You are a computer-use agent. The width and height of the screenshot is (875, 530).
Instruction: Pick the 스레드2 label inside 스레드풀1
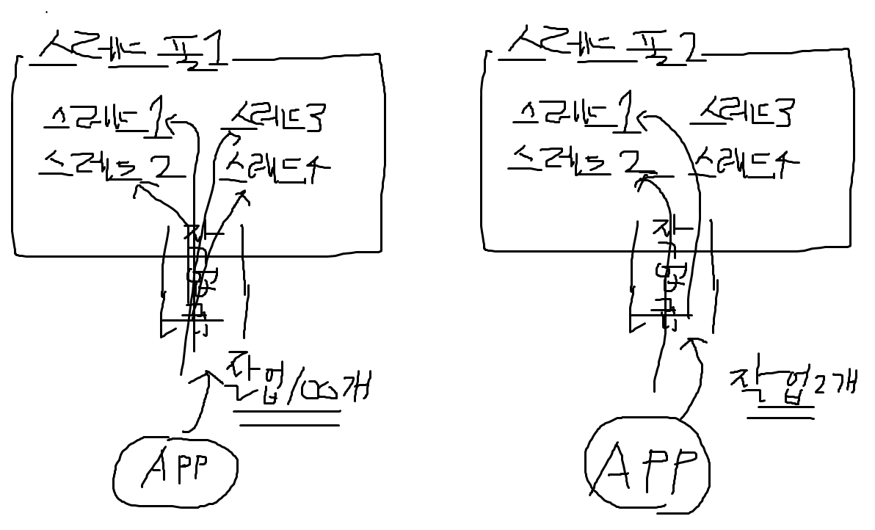110,164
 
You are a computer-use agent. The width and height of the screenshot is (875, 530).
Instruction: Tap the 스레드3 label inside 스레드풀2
745,114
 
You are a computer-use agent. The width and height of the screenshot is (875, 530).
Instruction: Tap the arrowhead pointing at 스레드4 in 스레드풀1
244,195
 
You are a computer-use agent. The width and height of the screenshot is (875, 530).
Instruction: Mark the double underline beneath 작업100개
287,417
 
